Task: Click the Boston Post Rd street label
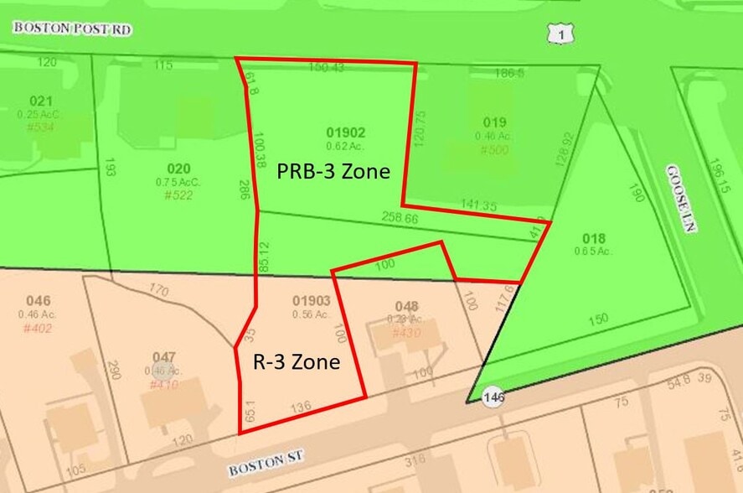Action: [x=73, y=29]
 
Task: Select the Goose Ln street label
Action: [x=677, y=198]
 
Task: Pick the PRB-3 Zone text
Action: [x=333, y=172]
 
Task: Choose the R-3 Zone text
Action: [x=297, y=362]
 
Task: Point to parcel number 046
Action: [x=38, y=301]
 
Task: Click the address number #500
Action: [x=493, y=149]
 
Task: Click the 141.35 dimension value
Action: [x=478, y=205]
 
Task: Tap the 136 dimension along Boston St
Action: [x=301, y=407]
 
